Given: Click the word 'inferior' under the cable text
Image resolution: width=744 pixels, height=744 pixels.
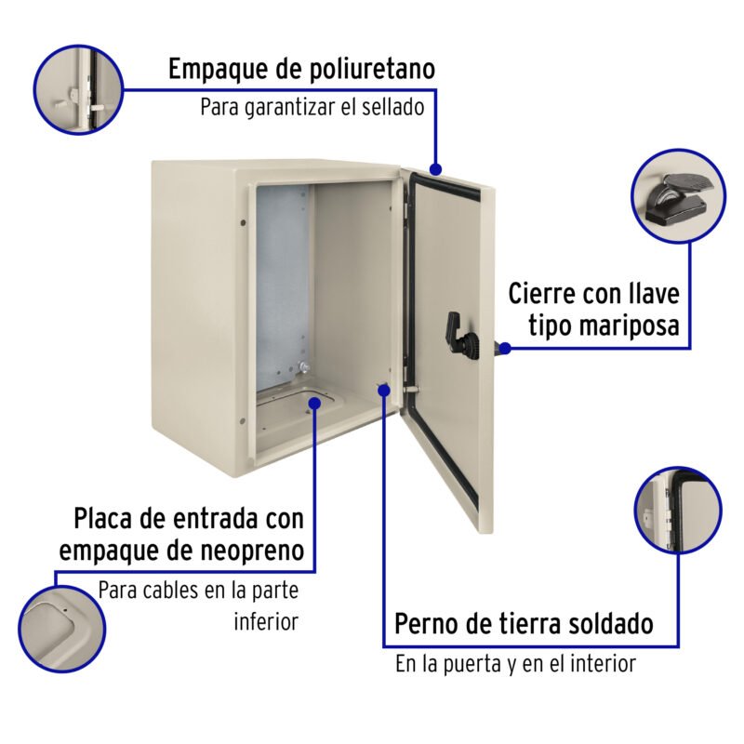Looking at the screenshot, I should [266, 621].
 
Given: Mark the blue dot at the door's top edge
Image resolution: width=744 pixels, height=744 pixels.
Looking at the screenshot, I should [435, 169].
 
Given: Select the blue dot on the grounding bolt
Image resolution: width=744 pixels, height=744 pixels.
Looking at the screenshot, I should [384, 390].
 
